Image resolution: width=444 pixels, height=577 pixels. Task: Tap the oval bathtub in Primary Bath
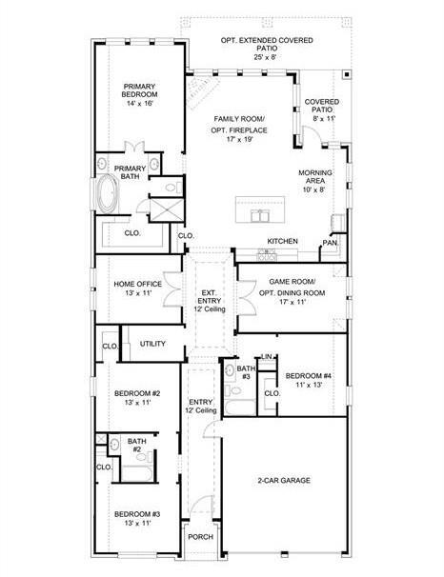point(108,194)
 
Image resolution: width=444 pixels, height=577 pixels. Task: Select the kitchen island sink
point(260,215)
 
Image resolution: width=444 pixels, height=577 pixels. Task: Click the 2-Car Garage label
point(284,480)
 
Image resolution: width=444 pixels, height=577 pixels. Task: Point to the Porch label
point(201,537)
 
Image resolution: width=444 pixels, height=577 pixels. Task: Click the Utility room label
point(152,344)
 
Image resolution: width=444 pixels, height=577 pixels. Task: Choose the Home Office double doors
point(172,289)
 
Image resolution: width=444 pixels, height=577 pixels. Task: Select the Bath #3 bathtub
point(240,408)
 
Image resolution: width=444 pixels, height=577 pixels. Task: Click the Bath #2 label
point(137,445)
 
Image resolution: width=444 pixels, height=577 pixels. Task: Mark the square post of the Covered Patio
point(347,74)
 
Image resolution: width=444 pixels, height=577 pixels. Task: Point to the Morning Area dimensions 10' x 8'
point(314,189)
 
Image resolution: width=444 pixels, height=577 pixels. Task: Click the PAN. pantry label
point(330,243)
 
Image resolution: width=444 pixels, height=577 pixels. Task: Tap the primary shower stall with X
point(167,209)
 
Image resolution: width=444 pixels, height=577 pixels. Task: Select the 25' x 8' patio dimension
point(265,57)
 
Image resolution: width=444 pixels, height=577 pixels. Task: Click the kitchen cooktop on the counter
point(267,255)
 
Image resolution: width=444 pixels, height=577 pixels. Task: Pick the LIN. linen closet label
point(267,356)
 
